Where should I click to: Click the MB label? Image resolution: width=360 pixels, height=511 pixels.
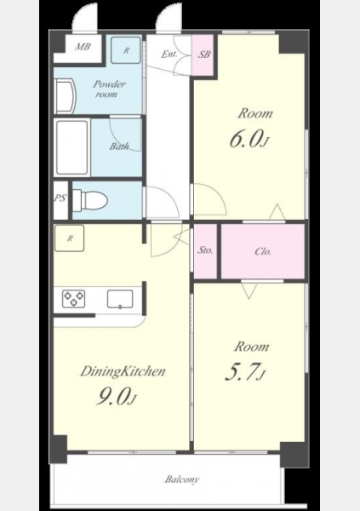(82, 47)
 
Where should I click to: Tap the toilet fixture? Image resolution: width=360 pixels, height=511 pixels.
(89, 200)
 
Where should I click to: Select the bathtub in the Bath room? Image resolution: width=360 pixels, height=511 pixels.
(72, 147)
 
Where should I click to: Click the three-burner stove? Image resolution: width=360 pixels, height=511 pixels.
(74, 299)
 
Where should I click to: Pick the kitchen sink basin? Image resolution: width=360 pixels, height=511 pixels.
(120, 299)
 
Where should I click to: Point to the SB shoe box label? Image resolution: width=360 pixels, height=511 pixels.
(204, 55)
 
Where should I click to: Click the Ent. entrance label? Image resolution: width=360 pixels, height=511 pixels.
(169, 55)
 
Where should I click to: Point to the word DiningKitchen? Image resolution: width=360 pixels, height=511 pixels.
(123, 371)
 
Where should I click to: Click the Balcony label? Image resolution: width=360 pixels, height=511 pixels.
(182, 479)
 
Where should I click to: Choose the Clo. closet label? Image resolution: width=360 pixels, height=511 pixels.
(263, 251)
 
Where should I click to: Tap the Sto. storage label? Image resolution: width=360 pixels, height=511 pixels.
(205, 250)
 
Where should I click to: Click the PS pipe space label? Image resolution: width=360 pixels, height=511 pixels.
(60, 198)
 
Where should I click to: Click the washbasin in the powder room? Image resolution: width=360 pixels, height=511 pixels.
(66, 96)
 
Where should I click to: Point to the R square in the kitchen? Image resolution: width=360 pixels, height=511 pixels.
(70, 238)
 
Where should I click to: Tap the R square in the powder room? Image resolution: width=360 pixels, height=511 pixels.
(126, 50)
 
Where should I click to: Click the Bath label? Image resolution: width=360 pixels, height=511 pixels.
(119, 146)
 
